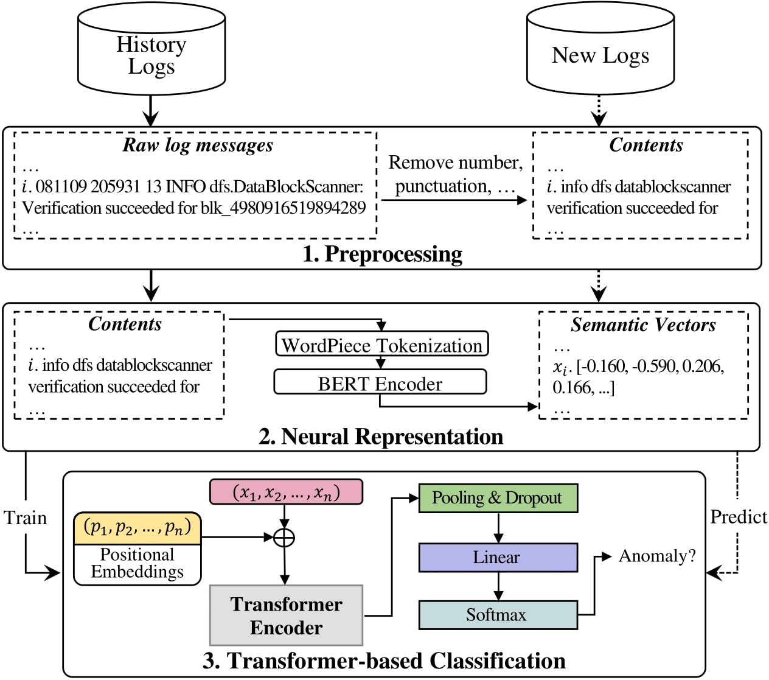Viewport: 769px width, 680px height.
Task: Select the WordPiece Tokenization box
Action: pyautogui.click(x=382, y=345)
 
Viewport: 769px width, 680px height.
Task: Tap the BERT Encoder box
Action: pyautogui.click(x=380, y=383)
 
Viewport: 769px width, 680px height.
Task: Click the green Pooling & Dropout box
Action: pyautogui.click(x=498, y=498)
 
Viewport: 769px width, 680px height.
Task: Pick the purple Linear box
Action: pyautogui.click(x=498, y=557)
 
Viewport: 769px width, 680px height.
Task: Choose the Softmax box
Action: pyautogui.click(x=498, y=615)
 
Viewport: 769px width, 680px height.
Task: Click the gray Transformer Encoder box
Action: pyautogui.click(x=286, y=615)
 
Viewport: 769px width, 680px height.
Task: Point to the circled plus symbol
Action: pyautogui.click(x=284, y=538)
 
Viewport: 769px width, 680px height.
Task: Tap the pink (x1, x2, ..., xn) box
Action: pyautogui.click(x=286, y=492)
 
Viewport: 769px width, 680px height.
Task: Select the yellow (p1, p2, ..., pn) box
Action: pyautogui.click(x=137, y=527)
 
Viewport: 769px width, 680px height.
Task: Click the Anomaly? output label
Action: pyautogui.click(x=657, y=556)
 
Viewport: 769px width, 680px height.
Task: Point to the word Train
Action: pyautogui.click(x=26, y=517)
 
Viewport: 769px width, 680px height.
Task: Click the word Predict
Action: pyautogui.click(x=739, y=517)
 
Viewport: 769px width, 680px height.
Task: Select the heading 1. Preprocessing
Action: pyautogui.click(x=382, y=254)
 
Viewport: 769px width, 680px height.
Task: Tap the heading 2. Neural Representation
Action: pyautogui.click(x=381, y=436)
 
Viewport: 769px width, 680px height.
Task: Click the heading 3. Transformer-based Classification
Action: pyautogui.click(x=384, y=661)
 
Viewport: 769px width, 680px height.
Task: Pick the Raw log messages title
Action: pyautogui.click(x=198, y=145)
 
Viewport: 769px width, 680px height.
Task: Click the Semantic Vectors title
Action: pyautogui.click(x=643, y=325)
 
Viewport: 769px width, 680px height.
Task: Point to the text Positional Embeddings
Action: pyautogui.click(x=137, y=563)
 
